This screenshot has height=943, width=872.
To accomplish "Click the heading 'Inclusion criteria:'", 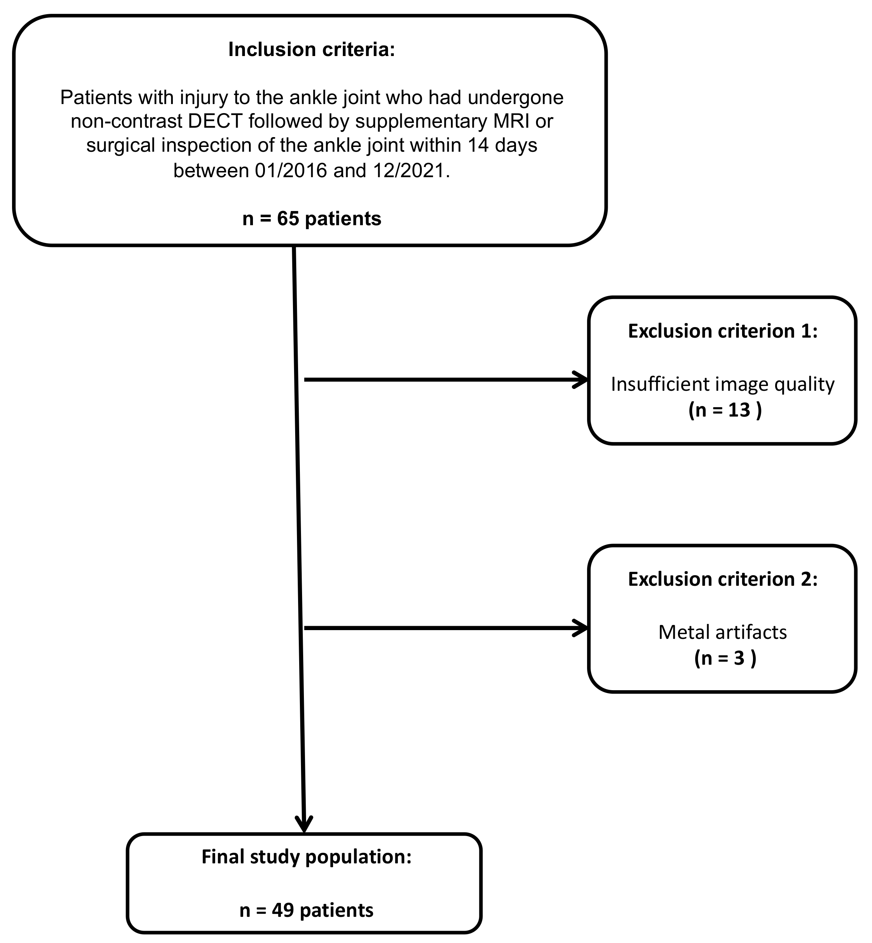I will pos(312,49).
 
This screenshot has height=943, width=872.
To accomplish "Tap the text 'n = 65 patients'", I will pos(312,219).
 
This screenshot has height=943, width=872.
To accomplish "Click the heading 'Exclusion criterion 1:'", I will pos(722,331).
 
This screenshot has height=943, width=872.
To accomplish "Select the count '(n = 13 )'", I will pos(725,410).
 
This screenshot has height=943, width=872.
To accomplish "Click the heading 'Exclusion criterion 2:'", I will pos(722,579).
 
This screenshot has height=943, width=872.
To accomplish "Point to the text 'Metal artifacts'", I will pos(722,633).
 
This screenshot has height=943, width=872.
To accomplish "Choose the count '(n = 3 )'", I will pos(725,658).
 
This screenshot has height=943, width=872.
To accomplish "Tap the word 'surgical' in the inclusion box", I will pos(121,146).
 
